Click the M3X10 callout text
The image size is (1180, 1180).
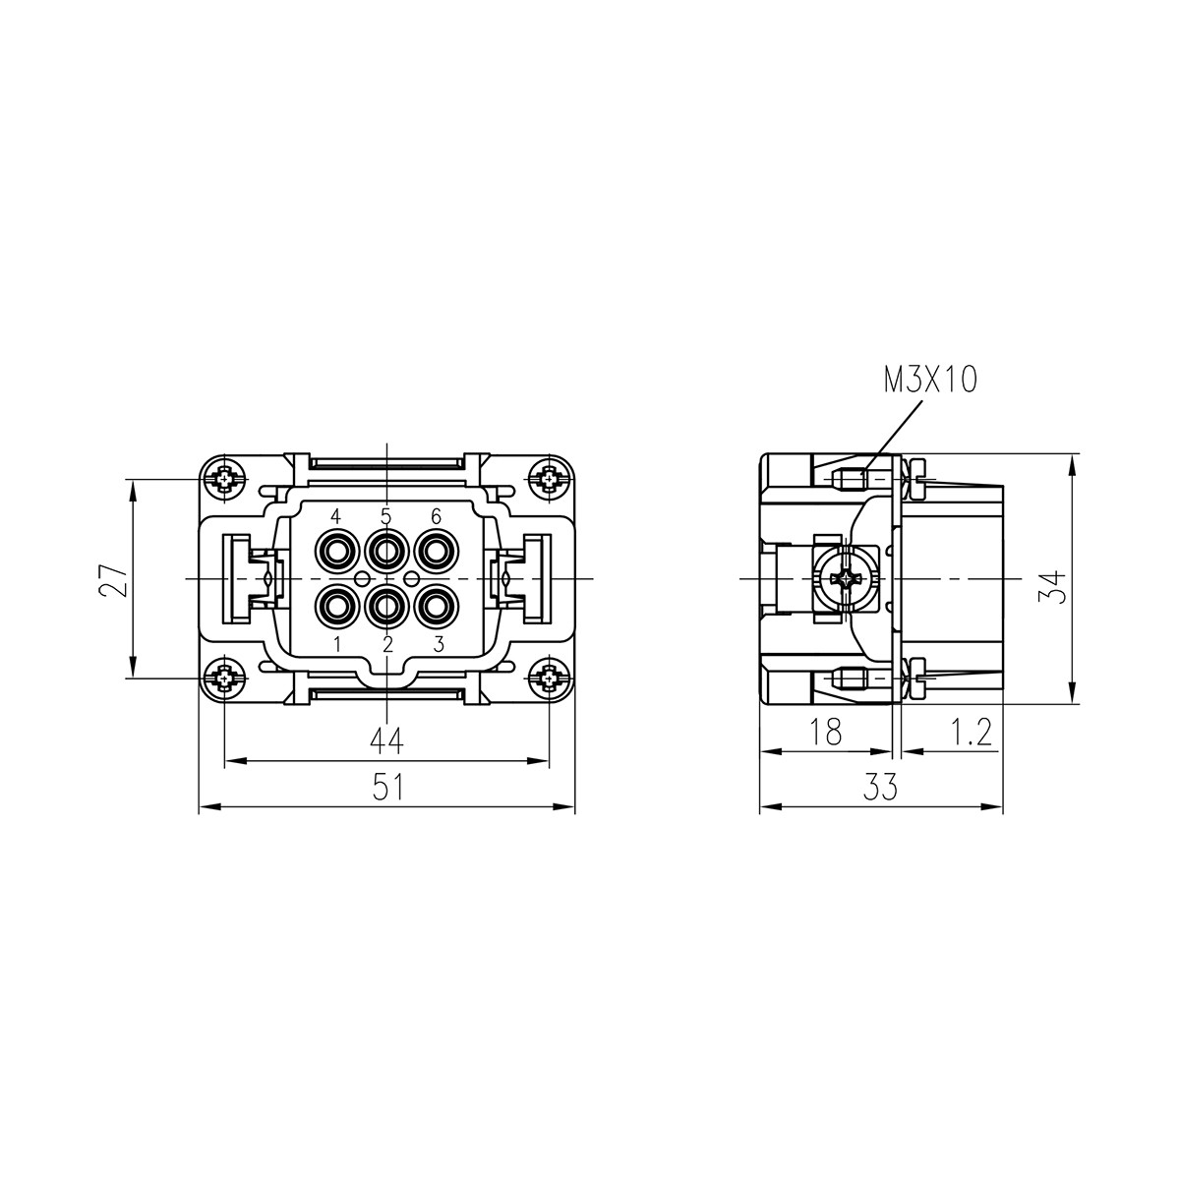tap(930, 381)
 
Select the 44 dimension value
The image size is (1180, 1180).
tap(387, 741)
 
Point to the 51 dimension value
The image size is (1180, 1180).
tap(388, 787)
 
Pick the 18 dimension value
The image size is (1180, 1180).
tap(825, 732)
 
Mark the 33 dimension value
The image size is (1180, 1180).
tap(880, 787)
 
